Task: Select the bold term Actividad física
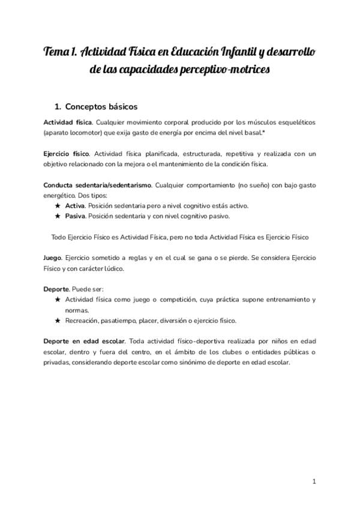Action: click(67, 122)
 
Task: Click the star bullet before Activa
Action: click(58, 205)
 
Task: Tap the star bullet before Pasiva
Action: click(58, 216)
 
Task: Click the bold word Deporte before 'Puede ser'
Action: click(56, 289)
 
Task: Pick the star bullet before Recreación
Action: click(58, 321)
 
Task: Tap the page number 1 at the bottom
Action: click(314, 481)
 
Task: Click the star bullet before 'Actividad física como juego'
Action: click(58, 300)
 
